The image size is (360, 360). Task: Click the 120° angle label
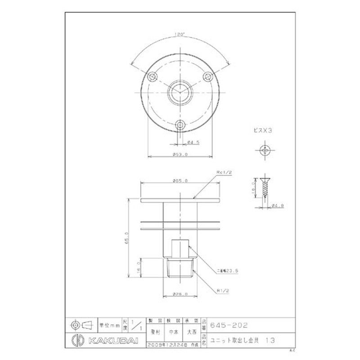[x=180, y=34]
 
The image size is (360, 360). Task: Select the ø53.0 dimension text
[x=180, y=154]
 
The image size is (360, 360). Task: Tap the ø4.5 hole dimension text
[x=194, y=142]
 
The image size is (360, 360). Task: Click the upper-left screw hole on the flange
[x=153, y=77]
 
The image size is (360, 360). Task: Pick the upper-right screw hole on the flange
[x=207, y=77]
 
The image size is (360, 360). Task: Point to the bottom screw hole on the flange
[x=180, y=124]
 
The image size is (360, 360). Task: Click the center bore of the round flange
[x=180, y=93]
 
